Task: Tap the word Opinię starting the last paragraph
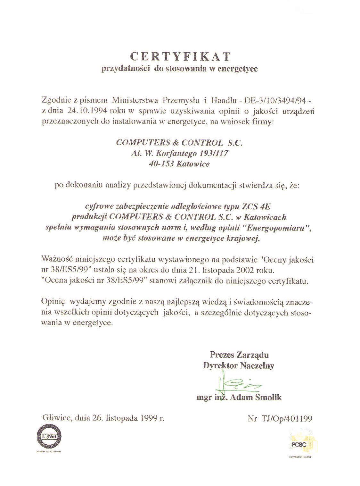(x=54, y=302)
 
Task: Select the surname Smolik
(x=268, y=398)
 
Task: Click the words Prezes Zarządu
(x=239, y=355)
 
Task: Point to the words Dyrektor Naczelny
(x=239, y=365)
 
